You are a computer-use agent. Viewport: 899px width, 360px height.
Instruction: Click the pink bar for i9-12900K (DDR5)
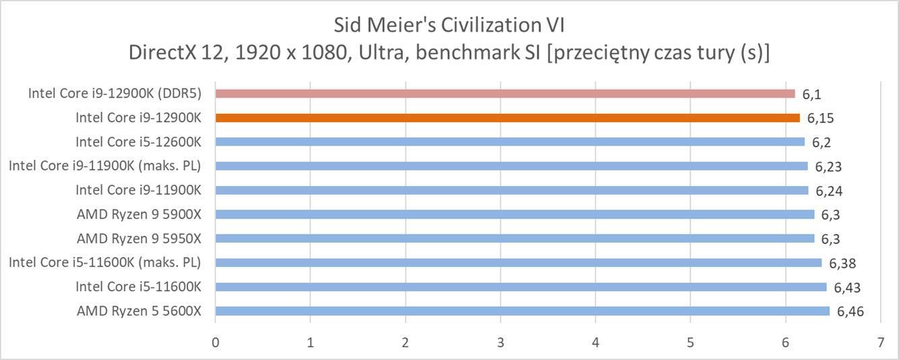504,93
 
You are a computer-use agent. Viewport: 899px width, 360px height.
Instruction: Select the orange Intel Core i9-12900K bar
507,117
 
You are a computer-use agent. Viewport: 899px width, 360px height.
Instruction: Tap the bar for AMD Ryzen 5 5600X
522,311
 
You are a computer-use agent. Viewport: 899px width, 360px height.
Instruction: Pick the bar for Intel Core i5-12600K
509,142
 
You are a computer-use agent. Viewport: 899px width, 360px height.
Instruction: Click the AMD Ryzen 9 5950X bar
515,238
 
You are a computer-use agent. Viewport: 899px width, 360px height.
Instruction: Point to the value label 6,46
850,311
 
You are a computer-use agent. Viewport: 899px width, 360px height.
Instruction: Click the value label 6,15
820,118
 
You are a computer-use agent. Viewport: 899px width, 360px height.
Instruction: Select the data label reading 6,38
842,263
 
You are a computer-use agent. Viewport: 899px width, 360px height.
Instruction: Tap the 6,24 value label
829,191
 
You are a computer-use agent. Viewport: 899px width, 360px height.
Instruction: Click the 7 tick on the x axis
880,342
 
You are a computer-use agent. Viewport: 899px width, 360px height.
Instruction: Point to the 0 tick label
215,342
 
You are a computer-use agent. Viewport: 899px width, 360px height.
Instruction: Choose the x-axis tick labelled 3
500,342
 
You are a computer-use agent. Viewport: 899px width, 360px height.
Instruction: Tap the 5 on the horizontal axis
691,342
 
